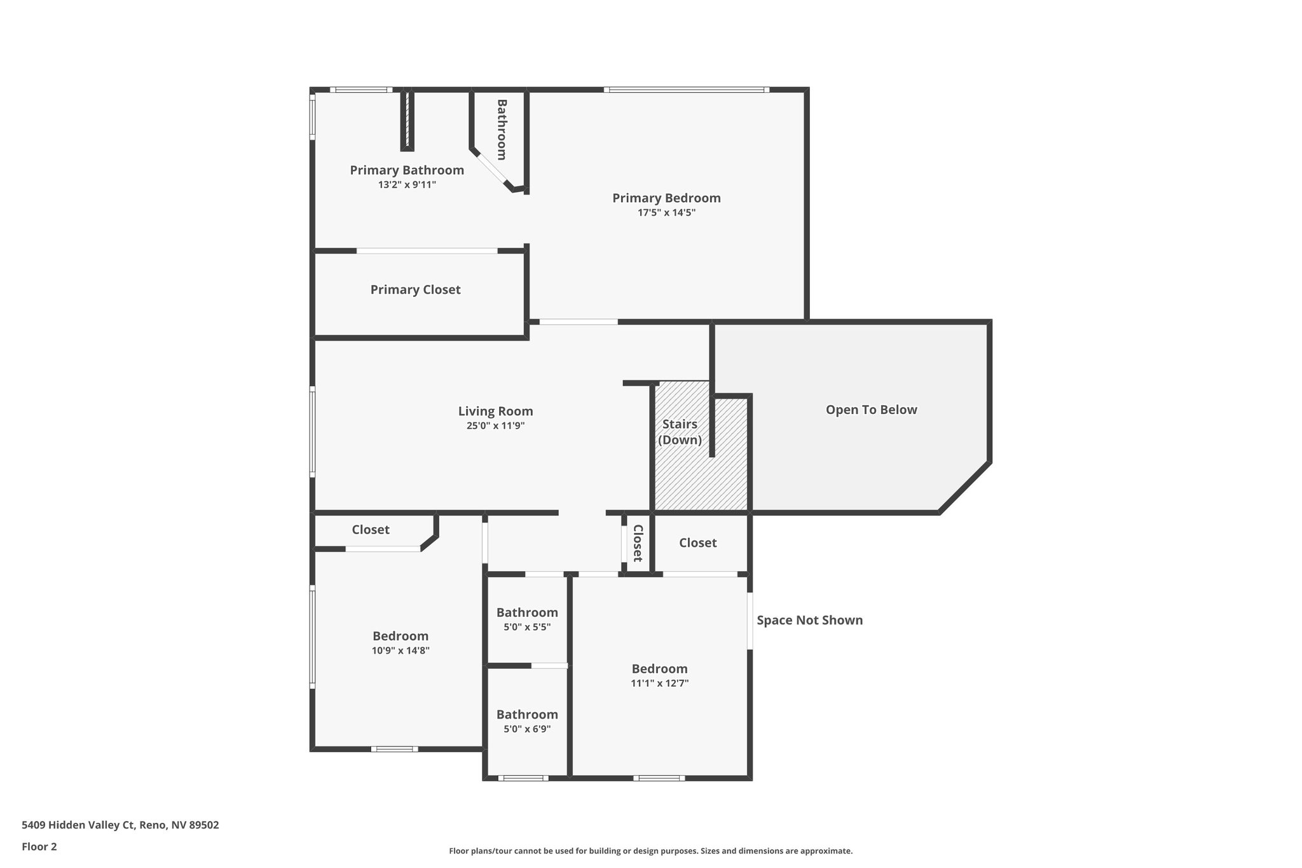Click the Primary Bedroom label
(x=666, y=198)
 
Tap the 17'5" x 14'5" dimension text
(x=666, y=213)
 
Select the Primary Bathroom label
(x=407, y=170)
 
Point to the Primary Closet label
(x=415, y=289)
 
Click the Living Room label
(x=495, y=411)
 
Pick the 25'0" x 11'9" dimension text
(x=495, y=426)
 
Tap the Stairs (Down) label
(x=680, y=432)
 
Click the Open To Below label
(x=871, y=410)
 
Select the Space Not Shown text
(x=809, y=620)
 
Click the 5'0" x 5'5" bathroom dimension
(x=527, y=627)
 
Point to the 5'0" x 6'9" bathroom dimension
(x=527, y=729)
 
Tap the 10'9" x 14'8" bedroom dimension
(x=401, y=651)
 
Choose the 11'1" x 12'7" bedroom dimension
(x=659, y=684)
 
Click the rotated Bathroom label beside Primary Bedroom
(x=502, y=130)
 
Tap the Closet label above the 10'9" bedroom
(x=371, y=530)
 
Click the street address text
(x=120, y=825)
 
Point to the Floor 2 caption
(x=39, y=846)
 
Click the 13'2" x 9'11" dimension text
(x=407, y=185)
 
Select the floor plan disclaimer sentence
(x=650, y=851)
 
